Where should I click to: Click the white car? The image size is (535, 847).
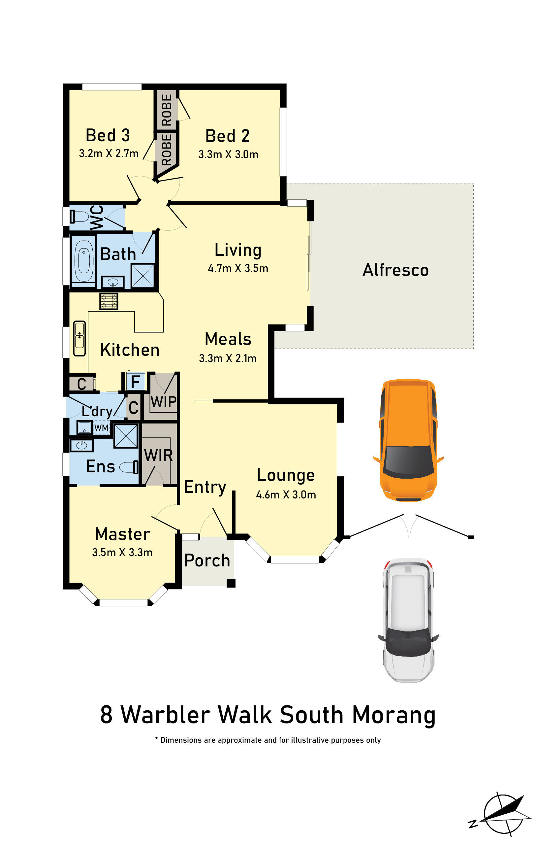coord(408,620)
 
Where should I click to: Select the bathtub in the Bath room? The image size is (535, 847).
coord(83,261)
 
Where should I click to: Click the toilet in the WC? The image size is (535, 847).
coord(79,216)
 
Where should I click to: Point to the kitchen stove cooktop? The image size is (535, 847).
coord(109,301)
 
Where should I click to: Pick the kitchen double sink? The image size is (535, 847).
coord(79,338)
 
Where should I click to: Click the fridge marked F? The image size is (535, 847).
coord(135,381)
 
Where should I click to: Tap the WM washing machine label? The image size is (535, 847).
coord(101,428)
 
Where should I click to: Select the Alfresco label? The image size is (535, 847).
coord(395,270)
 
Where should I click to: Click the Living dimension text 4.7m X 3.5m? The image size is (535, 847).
coord(238,268)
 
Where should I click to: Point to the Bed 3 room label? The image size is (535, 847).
coord(108,135)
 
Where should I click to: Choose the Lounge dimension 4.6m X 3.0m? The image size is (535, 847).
coord(286,494)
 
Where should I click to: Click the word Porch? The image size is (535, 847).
coord(207,560)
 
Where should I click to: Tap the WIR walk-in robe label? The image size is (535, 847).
coord(158,456)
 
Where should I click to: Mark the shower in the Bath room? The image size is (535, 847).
coord(143,276)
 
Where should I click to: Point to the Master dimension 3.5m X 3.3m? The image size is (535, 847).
coord(122,552)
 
